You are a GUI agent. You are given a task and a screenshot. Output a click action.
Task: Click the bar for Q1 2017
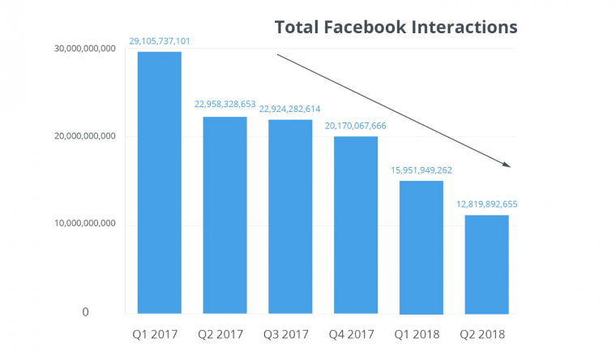point(160,182)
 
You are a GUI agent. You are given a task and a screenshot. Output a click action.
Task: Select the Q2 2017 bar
point(225,215)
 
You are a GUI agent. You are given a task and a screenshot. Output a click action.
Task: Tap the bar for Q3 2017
point(290,216)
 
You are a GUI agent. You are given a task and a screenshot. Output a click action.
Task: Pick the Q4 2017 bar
point(356,225)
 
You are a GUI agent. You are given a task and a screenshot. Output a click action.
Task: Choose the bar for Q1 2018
point(421,247)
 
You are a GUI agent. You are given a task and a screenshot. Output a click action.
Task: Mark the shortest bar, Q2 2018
point(486,264)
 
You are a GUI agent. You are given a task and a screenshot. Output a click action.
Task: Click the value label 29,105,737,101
point(160,40)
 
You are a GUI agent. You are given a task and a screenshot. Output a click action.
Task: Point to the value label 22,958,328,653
point(225,105)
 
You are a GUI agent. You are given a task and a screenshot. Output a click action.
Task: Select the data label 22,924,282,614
point(290,108)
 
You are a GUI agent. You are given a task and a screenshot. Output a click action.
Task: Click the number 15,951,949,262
point(421,169)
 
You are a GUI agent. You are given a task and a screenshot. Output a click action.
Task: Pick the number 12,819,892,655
point(486,204)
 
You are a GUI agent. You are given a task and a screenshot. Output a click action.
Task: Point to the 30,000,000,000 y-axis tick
point(84,49)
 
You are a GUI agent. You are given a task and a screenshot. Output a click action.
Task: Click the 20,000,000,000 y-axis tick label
point(84,136)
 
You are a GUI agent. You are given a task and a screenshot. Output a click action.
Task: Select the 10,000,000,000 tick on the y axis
point(84,223)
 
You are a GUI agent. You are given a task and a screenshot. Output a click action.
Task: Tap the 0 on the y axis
point(85,312)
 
